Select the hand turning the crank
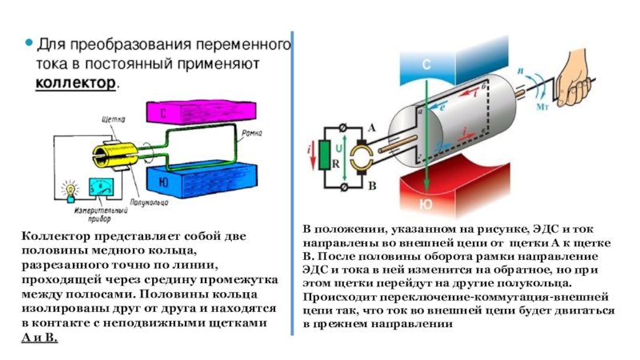(570, 82)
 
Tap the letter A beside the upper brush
(370, 130)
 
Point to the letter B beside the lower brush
(371, 186)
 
